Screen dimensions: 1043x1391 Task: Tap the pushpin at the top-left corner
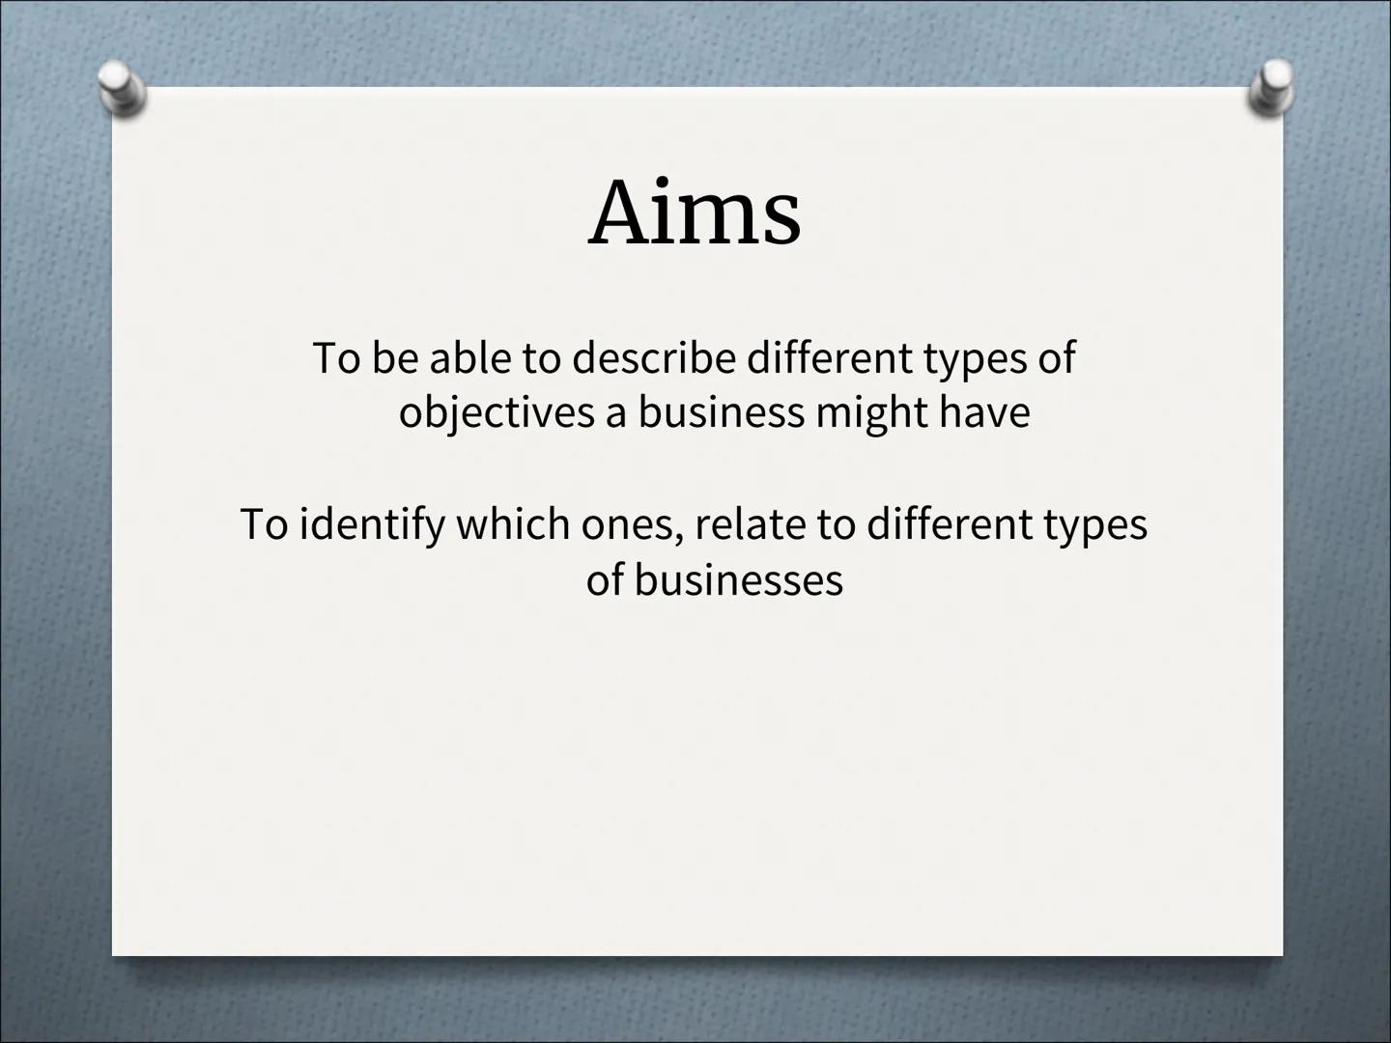click(x=123, y=89)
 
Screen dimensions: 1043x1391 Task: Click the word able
click(x=469, y=358)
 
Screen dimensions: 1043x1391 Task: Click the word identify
click(x=372, y=525)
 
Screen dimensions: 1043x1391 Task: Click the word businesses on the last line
click(x=738, y=580)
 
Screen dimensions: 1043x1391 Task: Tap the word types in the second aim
click(x=1094, y=525)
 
